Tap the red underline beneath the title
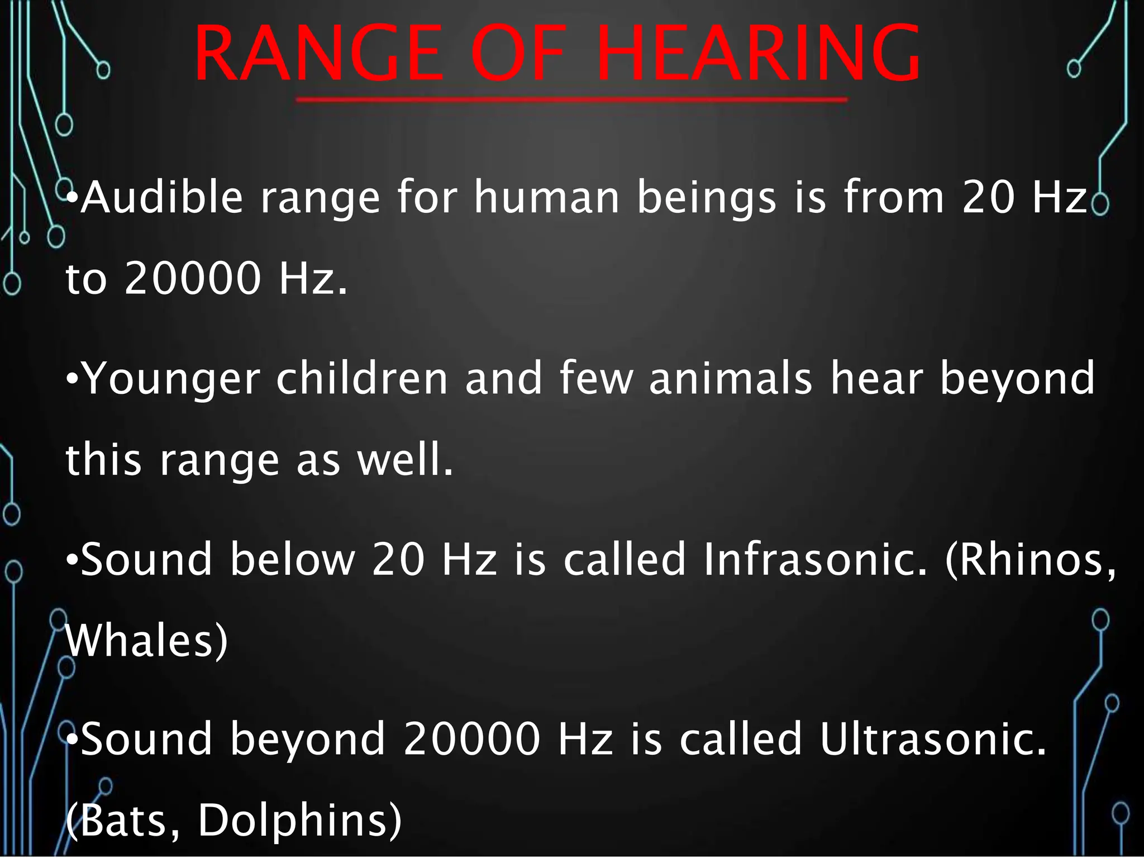click(571, 100)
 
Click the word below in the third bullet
click(293, 559)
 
